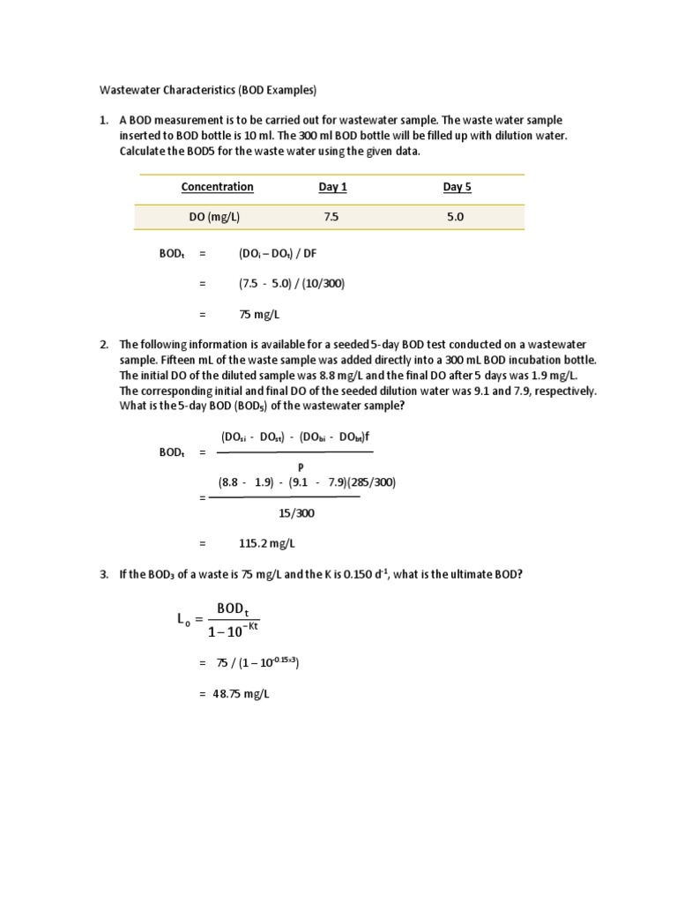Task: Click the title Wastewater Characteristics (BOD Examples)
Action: point(205,91)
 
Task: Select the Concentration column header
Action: point(217,187)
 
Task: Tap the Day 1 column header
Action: point(333,187)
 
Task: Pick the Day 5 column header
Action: point(458,187)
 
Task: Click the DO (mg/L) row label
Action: point(216,217)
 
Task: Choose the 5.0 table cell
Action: point(455,217)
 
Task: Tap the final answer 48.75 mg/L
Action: point(240,694)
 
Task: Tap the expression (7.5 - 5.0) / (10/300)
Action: point(291,283)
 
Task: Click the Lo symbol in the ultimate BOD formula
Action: point(182,621)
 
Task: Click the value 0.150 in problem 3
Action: point(352,575)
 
